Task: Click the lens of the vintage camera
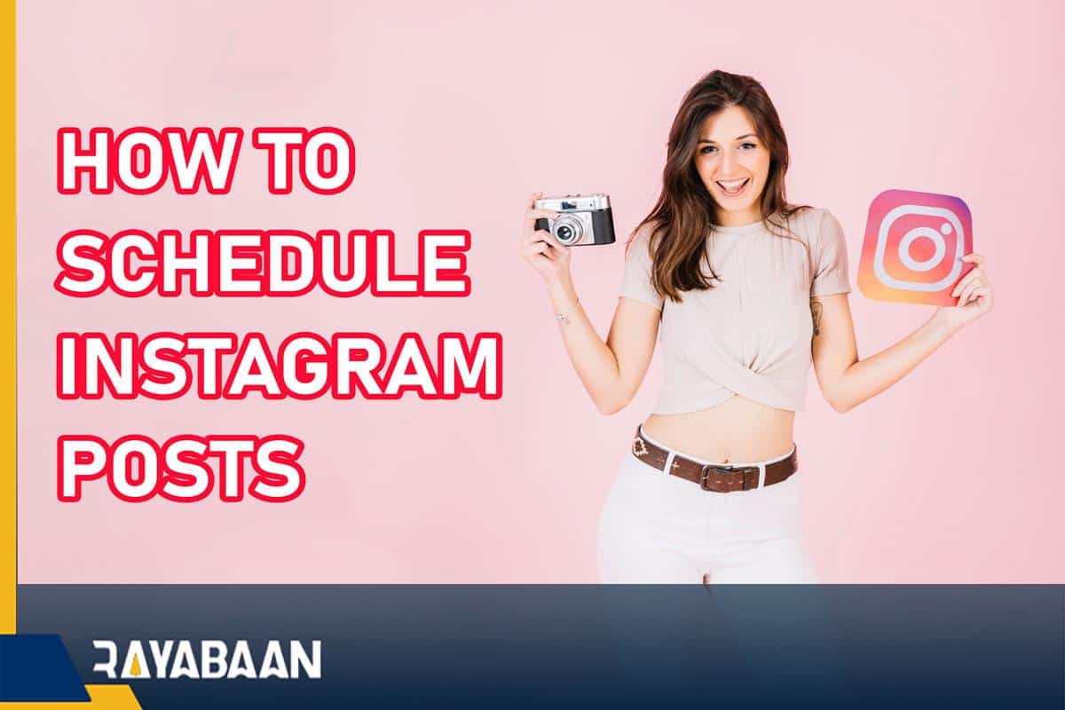[564, 230]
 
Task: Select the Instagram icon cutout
[915, 246]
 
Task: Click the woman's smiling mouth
[731, 185]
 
